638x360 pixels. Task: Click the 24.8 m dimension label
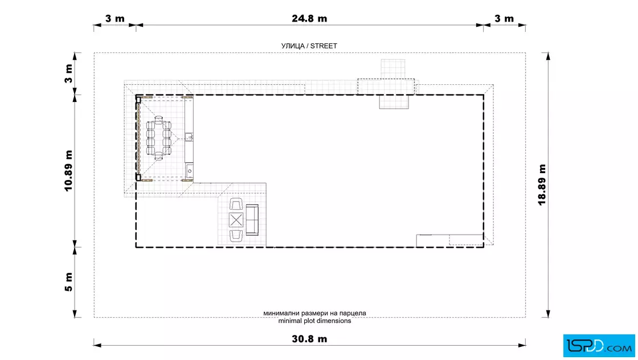point(309,18)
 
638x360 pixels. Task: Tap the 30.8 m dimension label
point(309,339)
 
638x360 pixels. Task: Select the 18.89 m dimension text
point(542,185)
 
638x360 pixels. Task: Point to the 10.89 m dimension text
point(68,170)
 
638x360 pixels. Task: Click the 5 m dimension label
point(68,282)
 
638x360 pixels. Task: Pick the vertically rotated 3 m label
point(68,73)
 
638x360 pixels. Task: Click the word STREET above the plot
point(324,46)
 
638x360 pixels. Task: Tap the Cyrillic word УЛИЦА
point(293,46)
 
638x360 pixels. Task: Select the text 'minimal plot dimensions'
point(314,321)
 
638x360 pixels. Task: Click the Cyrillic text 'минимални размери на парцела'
point(314,313)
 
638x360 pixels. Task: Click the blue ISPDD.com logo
point(599,346)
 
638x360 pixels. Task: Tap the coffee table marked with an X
point(236,220)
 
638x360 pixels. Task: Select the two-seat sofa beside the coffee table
point(252,220)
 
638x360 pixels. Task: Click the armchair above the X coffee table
point(236,204)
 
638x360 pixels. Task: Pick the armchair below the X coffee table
point(236,236)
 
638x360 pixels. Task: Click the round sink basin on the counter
point(190,171)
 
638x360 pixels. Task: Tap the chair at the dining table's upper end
point(159,120)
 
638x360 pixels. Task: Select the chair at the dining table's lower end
point(159,156)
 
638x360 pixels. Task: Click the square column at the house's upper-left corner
point(138,100)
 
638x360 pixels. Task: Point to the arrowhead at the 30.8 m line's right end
point(522,345)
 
